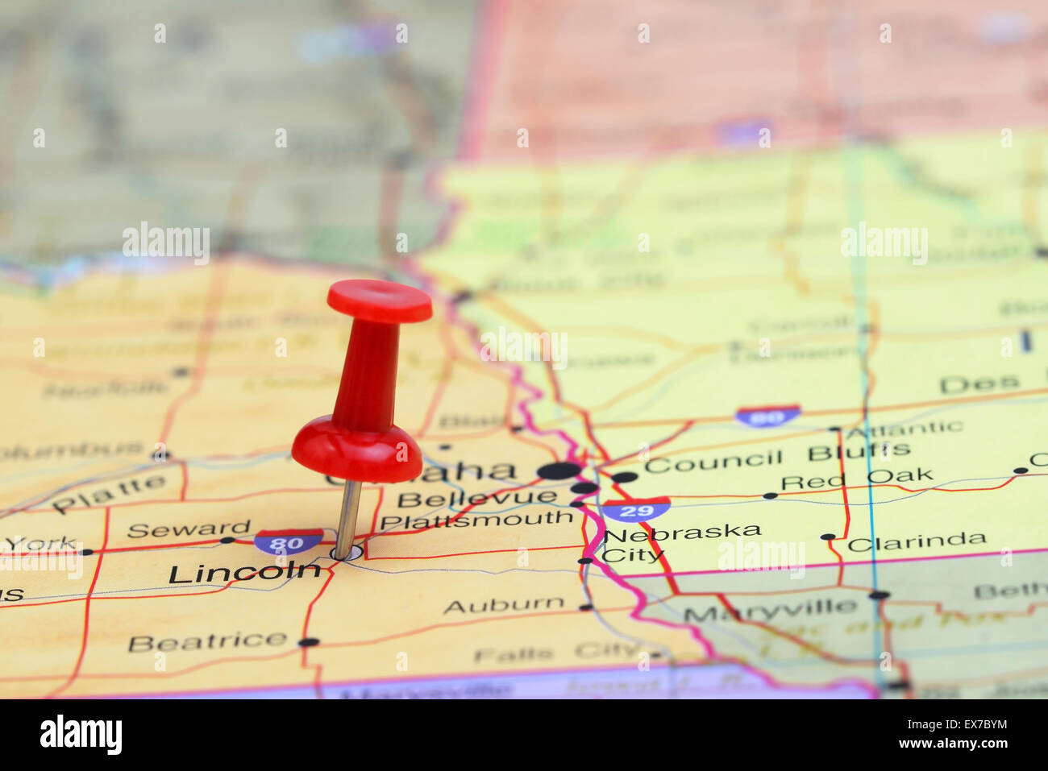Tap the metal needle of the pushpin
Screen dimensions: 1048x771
[x=348, y=516]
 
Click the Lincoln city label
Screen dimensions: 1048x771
[x=243, y=573]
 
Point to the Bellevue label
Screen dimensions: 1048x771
[x=476, y=498]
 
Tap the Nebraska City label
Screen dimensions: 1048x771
[x=680, y=542]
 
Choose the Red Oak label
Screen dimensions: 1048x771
[x=856, y=479]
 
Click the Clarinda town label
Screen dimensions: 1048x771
[x=916, y=541]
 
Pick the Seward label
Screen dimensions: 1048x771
[x=189, y=529]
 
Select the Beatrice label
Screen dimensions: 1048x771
[x=207, y=642]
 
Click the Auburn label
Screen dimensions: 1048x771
[x=504, y=604]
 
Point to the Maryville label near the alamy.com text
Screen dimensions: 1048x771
[x=771, y=611]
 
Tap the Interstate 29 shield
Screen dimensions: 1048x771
[x=636, y=509]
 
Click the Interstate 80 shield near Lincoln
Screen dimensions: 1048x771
[x=289, y=541]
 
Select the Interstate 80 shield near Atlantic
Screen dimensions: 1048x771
[x=767, y=416]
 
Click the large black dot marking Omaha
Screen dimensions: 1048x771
[x=559, y=470]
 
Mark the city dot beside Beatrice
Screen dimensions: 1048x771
[x=308, y=642]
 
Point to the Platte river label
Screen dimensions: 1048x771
[x=109, y=493]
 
